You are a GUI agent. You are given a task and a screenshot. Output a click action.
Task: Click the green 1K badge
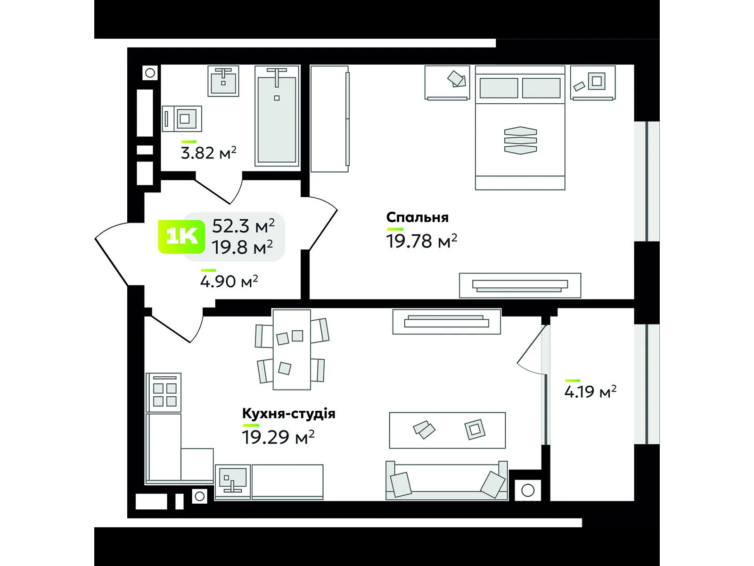click(x=181, y=237)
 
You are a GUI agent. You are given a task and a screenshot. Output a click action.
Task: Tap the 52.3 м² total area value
click(x=243, y=226)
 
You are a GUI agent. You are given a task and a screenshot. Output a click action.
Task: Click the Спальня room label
click(x=417, y=217)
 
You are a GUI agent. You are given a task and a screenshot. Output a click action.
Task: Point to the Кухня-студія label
click(x=288, y=414)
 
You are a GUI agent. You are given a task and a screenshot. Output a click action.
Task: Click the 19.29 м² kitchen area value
click(x=278, y=437)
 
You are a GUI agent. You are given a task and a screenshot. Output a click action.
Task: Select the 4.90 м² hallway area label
click(x=229, y=282)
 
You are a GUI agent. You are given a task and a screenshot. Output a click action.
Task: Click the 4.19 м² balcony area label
click(x=590, y=392)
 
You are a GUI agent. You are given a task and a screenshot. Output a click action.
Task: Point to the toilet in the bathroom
click(x=183, y=118)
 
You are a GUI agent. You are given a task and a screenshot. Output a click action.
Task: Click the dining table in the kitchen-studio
click(x=291, y=350)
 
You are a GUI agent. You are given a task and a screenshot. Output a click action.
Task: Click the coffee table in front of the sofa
click(x=447, y=430)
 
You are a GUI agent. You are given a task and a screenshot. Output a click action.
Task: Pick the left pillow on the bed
click(x=499, y=88)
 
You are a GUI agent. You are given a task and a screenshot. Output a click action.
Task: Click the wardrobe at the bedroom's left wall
click(x=329, y=119)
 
